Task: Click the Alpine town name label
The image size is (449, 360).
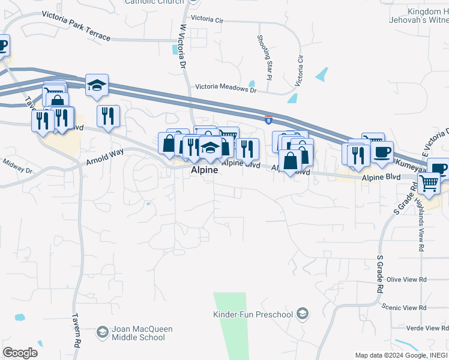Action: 203,170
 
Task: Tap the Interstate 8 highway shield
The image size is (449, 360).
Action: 268,120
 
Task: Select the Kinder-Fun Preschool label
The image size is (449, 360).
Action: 253,314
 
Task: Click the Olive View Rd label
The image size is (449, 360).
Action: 406,280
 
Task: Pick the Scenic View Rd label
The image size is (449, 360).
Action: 406,308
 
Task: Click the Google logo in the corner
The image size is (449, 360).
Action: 20,353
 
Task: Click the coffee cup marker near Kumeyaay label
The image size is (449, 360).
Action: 381,152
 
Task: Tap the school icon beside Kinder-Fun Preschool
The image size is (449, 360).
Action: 304,314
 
